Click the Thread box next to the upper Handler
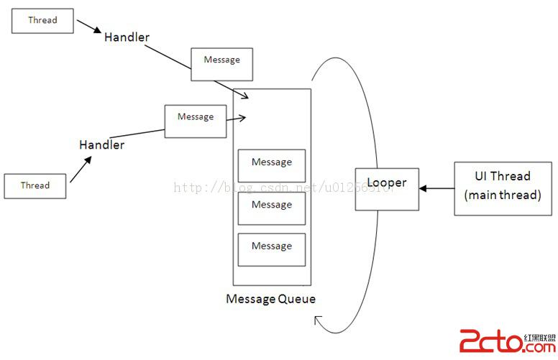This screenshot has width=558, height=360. click(43, 20)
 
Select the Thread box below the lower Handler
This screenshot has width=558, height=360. click(35, 185)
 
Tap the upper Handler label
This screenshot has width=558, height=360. click(127, 37)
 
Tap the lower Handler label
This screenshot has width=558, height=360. click(101, 144)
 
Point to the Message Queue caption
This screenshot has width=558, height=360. click(270, 299)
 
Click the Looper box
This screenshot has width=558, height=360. click(387, 189)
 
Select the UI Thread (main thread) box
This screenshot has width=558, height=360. click(502, 188)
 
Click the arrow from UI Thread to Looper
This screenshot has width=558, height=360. click(436, 188)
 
